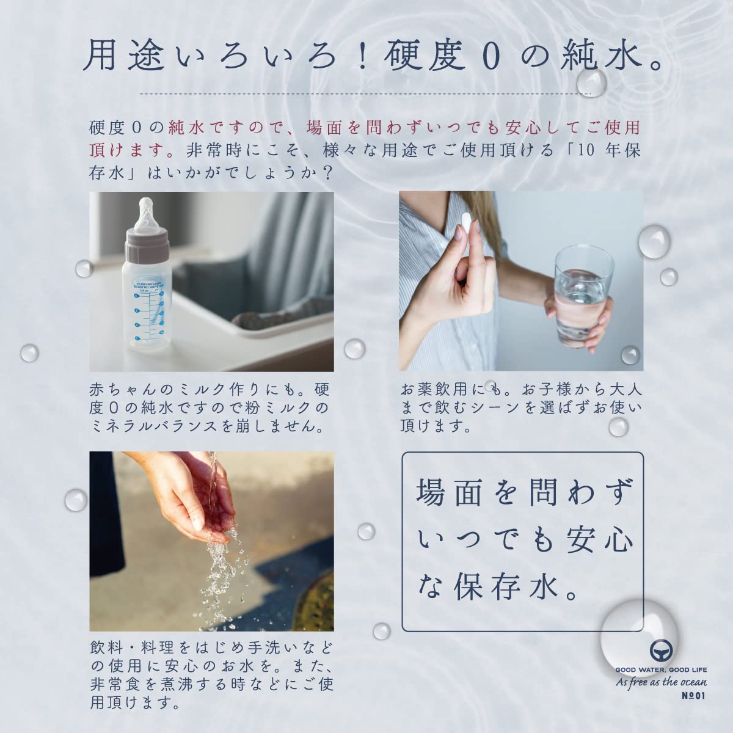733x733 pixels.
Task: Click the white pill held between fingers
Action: [466, 224]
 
